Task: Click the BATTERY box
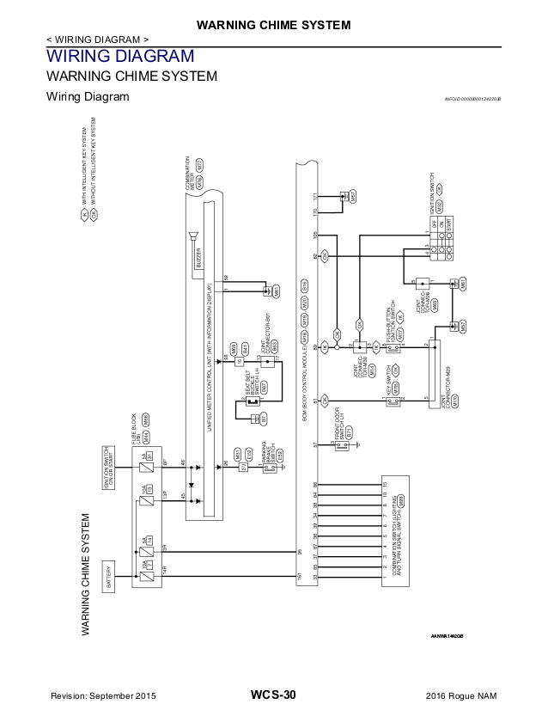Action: pos(108,574)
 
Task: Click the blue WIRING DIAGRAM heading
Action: pos(119,57)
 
